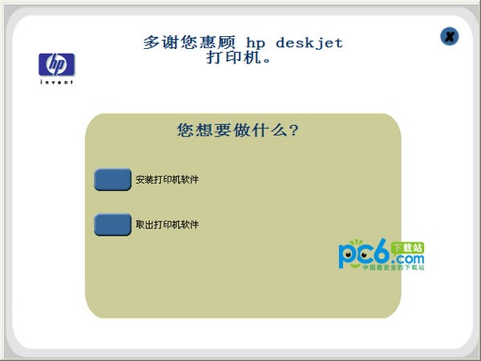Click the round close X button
(x=450, y=36)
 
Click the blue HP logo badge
(x=56, y=64)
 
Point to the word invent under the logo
(x=56, y=82)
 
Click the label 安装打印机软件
(x=168, y=180)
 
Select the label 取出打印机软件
(x=168, y=225)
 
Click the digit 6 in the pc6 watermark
(x=381, y=254)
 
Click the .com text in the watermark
(x=409, y=260)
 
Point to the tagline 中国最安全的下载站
(x=393, y=268)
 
